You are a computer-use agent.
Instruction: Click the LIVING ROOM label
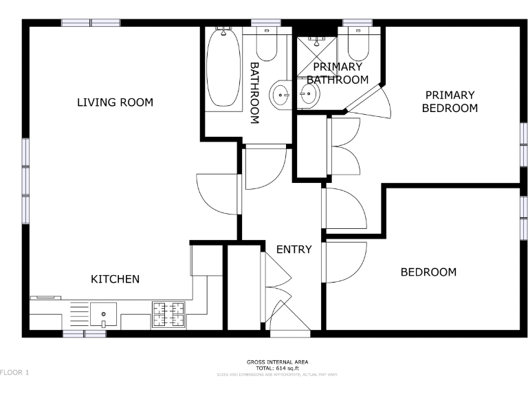click(x=115, y=102)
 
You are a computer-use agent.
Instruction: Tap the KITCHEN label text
click(x=115, y=279)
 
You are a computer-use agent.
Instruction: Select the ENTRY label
click(x=294, y=250)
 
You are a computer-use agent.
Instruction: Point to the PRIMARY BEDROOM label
click(x=450, y=102)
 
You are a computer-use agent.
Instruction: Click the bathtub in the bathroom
click(x=223, y=69)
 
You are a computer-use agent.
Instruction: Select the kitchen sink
click(x=102, y=316)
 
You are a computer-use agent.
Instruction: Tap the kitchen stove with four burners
click(x=169, y=316)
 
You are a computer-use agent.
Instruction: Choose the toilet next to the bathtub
click(x=266, y=44)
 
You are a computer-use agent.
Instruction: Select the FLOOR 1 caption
click(x=14, y=372)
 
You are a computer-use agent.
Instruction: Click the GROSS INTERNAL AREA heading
click(x=277, y=362)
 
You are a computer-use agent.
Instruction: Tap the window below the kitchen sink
click(x=84, y=333)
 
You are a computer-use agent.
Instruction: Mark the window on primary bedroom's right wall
click(x=523, y=144)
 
